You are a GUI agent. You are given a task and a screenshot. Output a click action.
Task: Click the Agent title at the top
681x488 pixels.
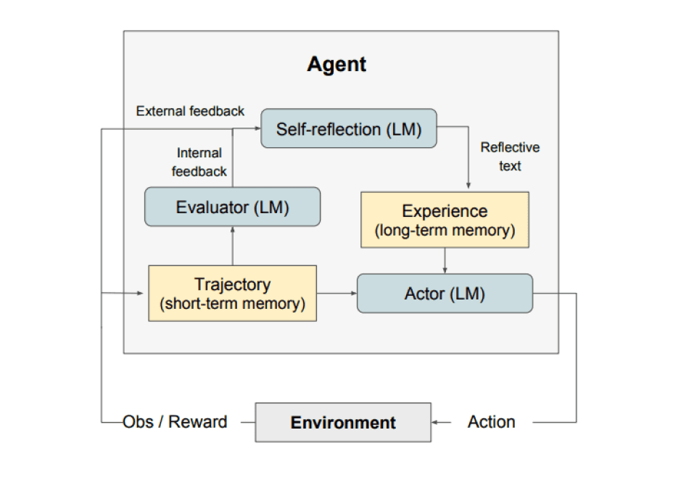(x=337, y=65)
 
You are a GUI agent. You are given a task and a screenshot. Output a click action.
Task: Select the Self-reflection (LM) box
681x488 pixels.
(x=348, y=129)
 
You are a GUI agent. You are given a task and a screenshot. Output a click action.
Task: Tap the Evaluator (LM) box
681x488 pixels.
(x=232, y=207)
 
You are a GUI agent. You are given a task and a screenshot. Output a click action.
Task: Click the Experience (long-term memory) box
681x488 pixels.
(x=445, y=220)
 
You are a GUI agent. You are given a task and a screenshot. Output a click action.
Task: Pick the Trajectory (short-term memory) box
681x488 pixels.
(x=232, y=293)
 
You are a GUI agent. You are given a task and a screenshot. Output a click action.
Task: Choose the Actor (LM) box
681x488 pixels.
(x=445, y=294)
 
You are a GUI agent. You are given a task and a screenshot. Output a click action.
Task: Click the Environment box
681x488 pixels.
(x=343, y=422)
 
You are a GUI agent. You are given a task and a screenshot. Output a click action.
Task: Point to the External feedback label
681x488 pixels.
(x=190, y=111)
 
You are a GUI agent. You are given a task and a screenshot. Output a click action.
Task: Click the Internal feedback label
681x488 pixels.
(x=199, y=162)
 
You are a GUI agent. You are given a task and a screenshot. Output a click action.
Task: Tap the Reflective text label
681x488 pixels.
(x=510, y=157)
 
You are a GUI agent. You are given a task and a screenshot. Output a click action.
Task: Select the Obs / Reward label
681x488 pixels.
(x=175, y=422)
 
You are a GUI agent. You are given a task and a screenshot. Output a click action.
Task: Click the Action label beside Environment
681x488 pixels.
(x=492, y=422)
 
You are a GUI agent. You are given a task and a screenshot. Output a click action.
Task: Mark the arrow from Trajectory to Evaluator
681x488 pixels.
(x=232, y=245)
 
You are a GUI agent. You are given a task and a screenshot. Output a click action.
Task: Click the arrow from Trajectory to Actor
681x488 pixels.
(x=337, y=293)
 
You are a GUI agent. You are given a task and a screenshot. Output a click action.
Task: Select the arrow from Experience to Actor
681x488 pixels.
(x=445, y=260)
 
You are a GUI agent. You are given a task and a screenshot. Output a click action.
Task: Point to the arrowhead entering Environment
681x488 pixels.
(x=436, y=422)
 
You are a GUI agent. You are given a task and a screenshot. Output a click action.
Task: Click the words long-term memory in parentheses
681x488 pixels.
(x=445, y=231)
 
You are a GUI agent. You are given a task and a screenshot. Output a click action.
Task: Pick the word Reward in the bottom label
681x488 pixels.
(x=198, y=422)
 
